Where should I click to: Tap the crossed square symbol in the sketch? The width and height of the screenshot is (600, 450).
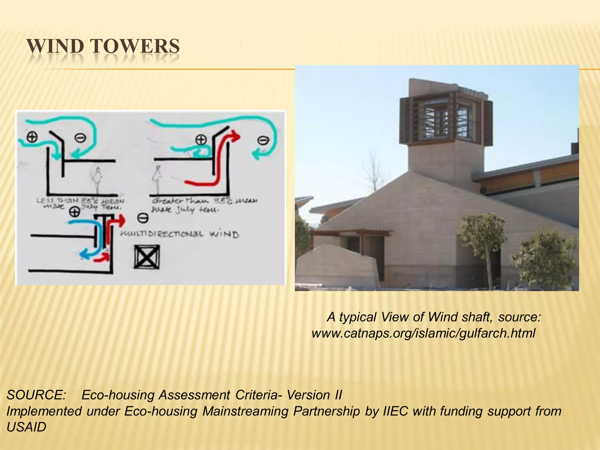point(147,257)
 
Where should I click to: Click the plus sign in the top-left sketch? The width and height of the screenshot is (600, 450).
point(32,137)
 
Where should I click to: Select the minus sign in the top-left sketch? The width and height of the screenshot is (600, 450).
point(80,138)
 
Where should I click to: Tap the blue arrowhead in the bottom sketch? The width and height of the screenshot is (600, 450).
point(85,255)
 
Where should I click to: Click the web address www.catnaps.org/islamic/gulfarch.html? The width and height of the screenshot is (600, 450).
point(423,333)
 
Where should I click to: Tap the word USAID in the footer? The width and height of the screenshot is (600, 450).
point(26,427)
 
